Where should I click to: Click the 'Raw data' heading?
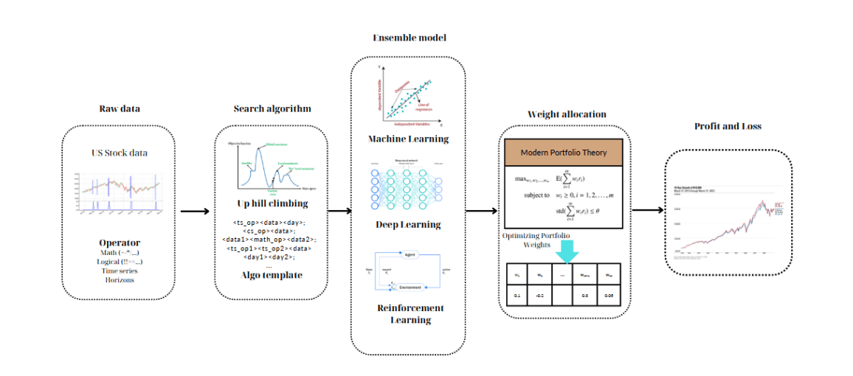120,108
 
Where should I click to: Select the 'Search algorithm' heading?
272,108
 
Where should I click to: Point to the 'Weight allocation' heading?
567,114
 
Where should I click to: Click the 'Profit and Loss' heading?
728,126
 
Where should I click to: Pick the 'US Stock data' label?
120,153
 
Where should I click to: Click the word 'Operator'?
120,243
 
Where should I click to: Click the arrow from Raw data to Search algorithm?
194,212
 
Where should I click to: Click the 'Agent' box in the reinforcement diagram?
411,254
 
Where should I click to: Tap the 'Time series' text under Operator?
120,271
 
